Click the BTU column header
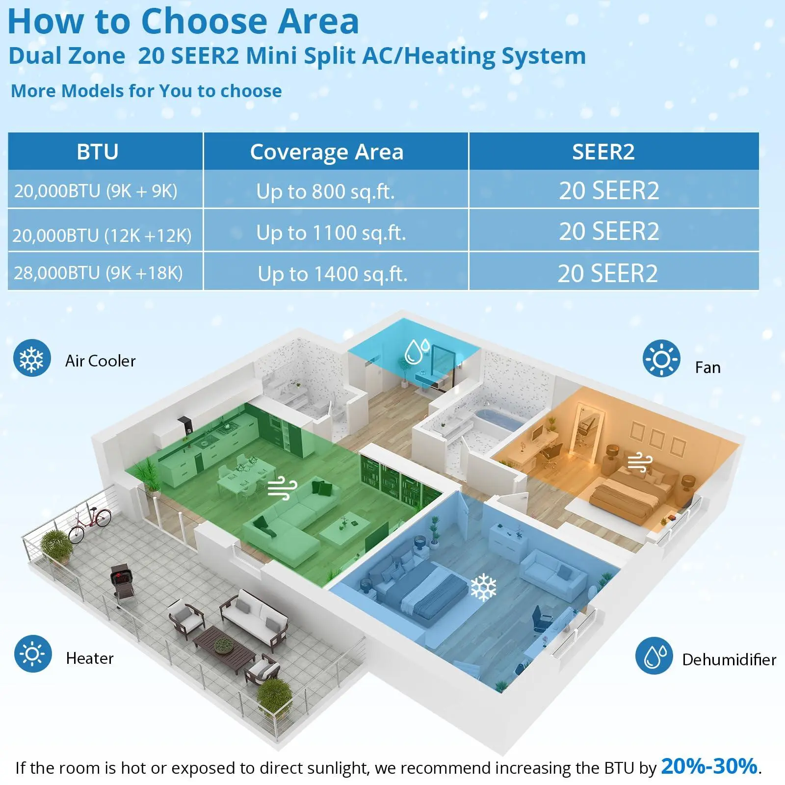point(98,152)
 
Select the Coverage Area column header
point(327,152)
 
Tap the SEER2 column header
point(603,152)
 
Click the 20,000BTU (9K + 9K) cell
point(96,191)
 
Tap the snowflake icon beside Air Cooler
point(32,358)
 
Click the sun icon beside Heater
point(33,654)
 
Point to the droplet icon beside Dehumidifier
point(654,656)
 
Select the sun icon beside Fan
point(661,359)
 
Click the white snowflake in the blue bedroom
point(483,587)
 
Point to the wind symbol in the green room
point(283,488)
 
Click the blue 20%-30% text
point(709,766)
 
